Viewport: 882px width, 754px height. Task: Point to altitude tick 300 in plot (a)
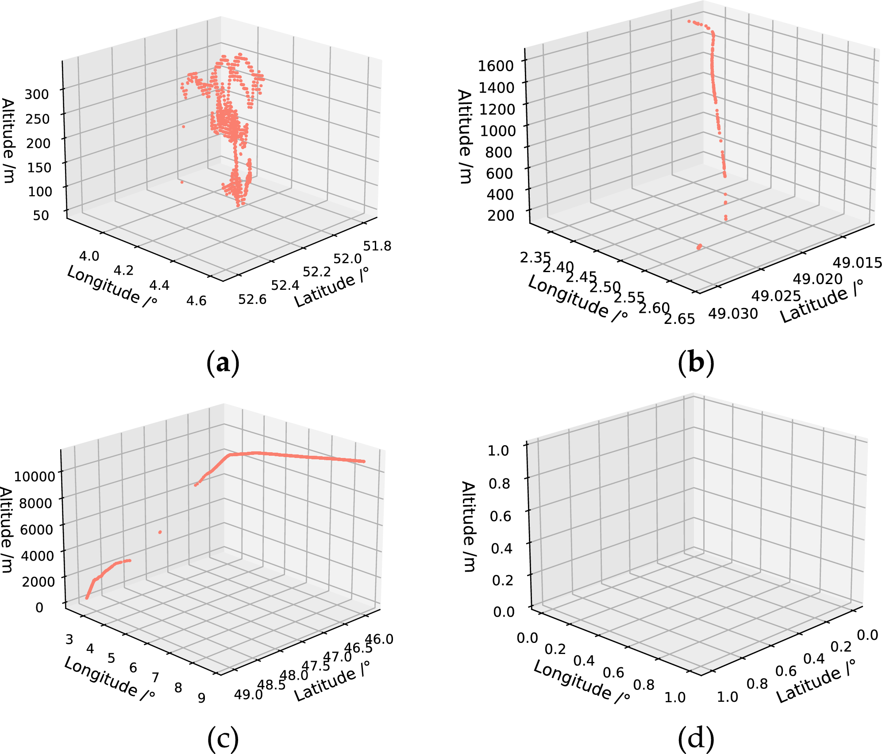(x=37, y=94)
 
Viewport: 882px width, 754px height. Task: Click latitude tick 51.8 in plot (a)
(x=377, y=246)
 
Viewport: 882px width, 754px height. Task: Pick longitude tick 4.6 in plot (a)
(x=196, y=301)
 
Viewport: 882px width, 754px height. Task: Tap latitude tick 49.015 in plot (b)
(x=857, y=263)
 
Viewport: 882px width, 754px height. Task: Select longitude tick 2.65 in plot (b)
(x=679, y=319)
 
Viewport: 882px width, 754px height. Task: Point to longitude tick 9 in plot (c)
(x=201, y=698)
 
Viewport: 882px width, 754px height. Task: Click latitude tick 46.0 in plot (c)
(x=379, y=639)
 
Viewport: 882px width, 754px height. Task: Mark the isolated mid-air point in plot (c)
(x=160, y=532)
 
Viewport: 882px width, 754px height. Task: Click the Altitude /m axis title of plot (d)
(x=468, y=527)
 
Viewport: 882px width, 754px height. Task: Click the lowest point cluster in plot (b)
(x=699, y=247)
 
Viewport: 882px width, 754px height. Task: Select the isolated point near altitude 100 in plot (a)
(x=182, y=182)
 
